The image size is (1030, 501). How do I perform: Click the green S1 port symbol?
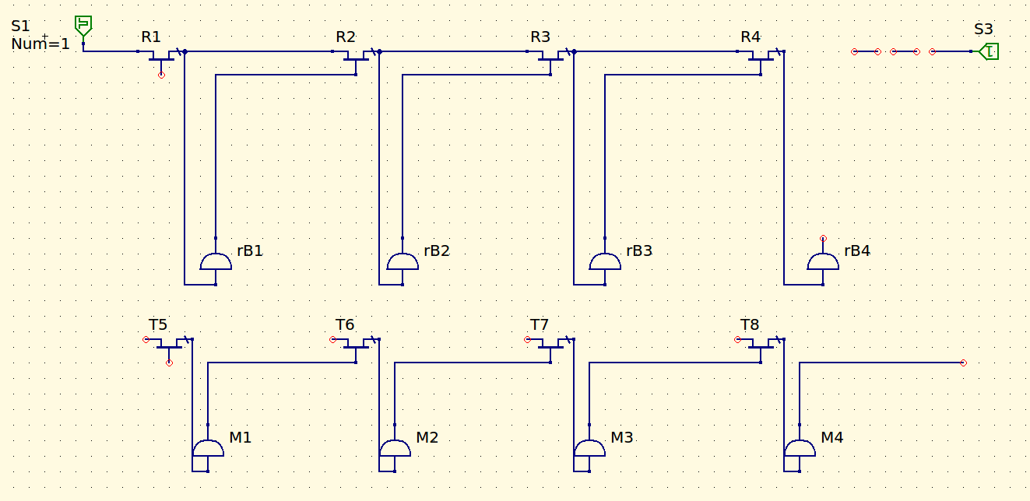tap(83, 26)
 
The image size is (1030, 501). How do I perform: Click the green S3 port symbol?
tap(989, 51)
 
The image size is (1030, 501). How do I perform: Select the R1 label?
tap(151, 37)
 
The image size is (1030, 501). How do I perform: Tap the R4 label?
tap(751, 37)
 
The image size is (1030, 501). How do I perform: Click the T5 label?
tap(158, 325)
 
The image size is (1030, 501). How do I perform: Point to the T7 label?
tap(540, 325)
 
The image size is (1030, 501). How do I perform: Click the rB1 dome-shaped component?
tap(216, 261)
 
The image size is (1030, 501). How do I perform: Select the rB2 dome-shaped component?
tap(403, 261)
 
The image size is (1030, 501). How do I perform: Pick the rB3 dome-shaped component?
tap(605, 261)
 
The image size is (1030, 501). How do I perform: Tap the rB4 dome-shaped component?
tap(823, 261)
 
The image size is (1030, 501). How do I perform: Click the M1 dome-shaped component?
tap(208, 448)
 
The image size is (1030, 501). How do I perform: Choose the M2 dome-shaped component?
tap(395, 448)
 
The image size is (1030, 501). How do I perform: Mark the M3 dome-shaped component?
tap(589, 448)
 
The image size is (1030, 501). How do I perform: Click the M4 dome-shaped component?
tap(800, 448)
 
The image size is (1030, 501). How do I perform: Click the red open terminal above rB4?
tap(823, 239)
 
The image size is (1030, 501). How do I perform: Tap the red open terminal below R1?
tap(161, 75)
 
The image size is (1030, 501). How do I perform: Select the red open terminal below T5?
tap(169, 363)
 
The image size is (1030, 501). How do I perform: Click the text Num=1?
tap(40, 44)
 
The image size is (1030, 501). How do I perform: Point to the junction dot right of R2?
tap(379, 51)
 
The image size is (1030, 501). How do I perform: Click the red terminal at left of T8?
tap(737, 340)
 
